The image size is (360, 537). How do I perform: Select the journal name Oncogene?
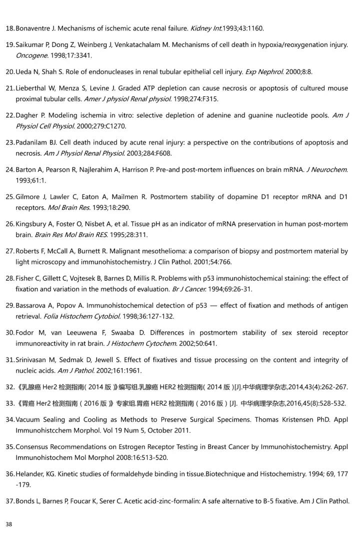[31, 55]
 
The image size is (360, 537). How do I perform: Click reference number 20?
[9, 72]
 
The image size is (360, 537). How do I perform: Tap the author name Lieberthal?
[31, 88]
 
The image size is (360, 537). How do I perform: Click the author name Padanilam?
[32, 142]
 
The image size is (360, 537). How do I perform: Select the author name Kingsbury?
[31, 224]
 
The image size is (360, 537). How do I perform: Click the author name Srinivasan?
[33, 360]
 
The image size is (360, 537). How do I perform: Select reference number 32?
[9, 387]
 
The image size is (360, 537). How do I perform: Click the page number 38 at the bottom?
[8, 524]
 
